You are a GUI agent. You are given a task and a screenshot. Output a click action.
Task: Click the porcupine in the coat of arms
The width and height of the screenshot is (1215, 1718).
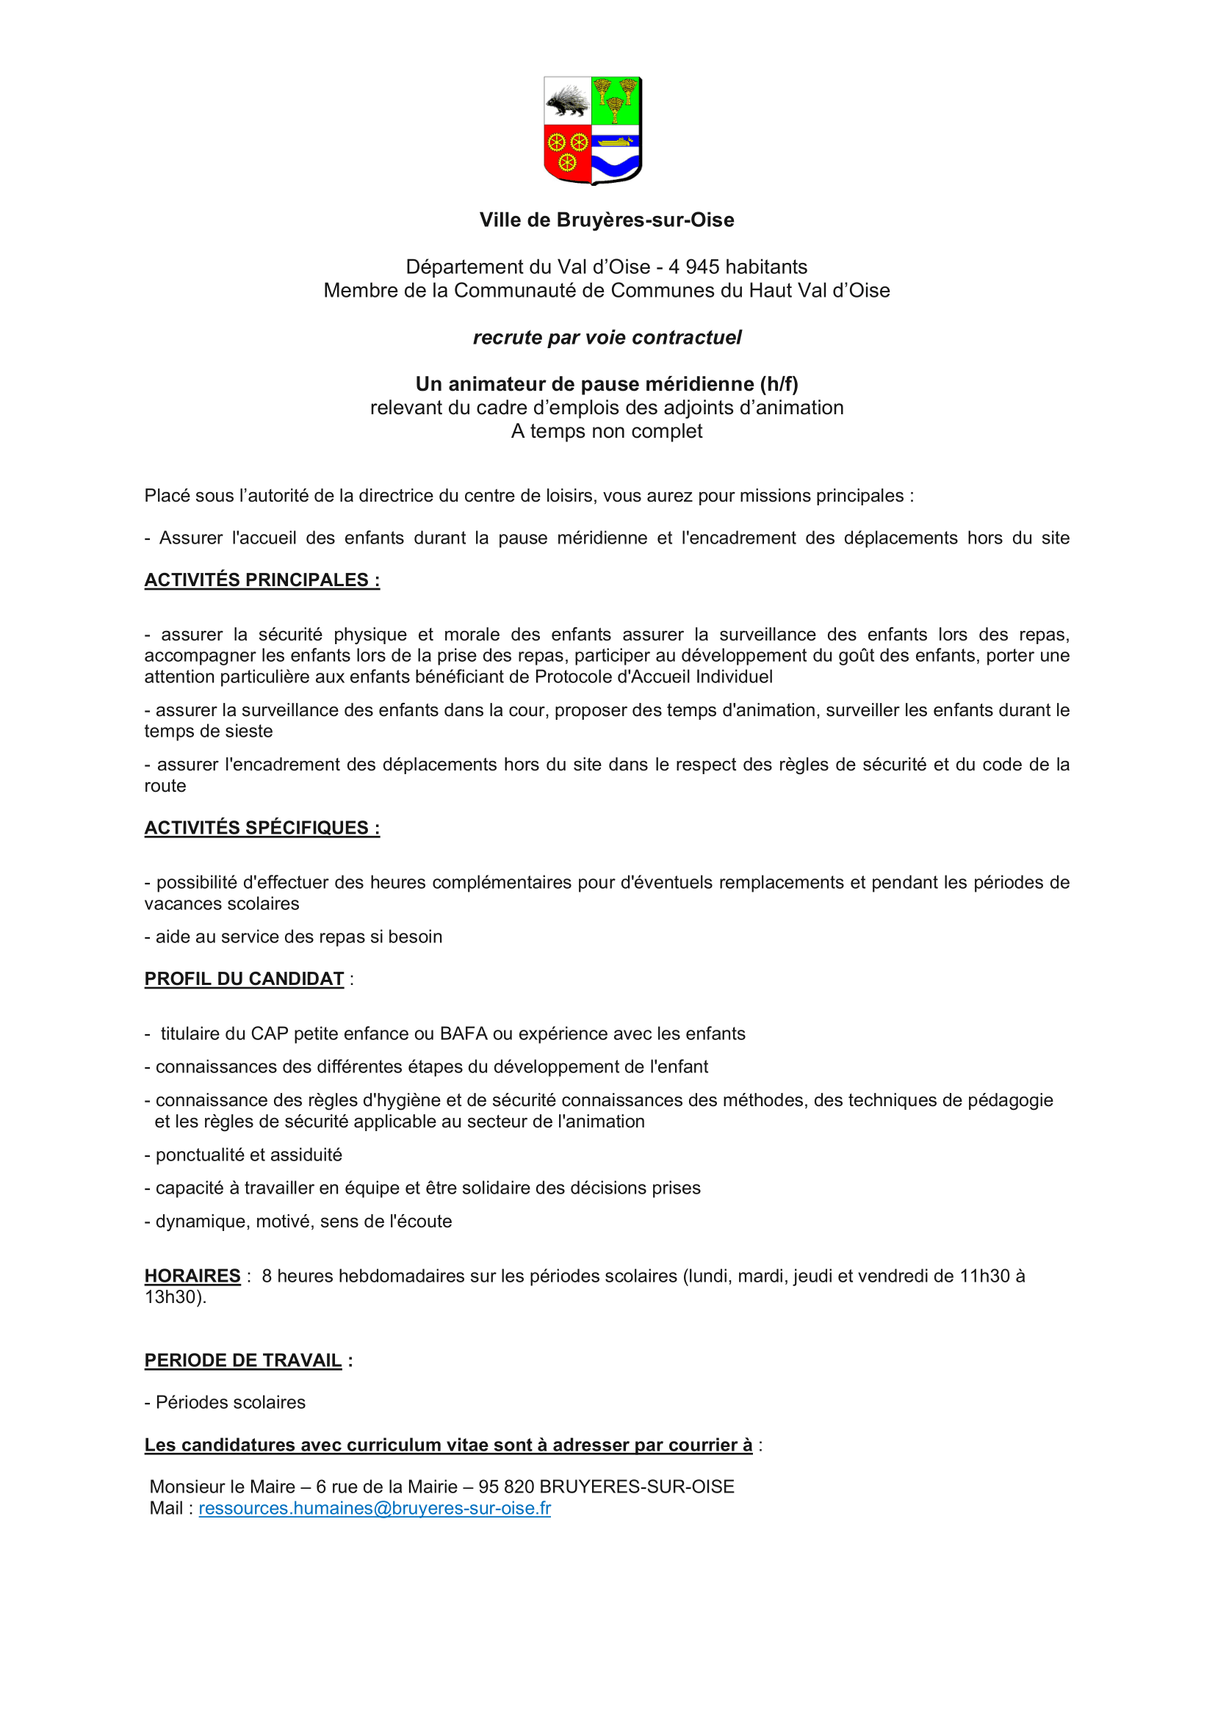click(x=566, y=102)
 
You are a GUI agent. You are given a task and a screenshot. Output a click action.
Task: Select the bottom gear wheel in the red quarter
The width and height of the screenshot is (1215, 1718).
click(x=567, y=161)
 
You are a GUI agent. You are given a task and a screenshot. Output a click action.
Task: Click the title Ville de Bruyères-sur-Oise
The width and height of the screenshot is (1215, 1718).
click(x=607, y=220)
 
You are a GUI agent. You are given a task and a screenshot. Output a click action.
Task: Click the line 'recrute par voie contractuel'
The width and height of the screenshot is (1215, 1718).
click(x=607, y=337)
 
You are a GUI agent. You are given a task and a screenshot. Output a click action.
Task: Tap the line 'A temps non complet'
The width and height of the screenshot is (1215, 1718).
click(x=607, y=431)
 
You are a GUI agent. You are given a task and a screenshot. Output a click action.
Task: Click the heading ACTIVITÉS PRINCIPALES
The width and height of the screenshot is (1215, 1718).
click(x=262, y=580)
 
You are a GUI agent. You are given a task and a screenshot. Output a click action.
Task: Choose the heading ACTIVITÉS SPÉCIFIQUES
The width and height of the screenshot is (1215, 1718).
click(x=262, y=828)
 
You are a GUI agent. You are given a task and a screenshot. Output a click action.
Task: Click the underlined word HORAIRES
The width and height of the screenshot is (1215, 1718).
click(x=192, y=1276)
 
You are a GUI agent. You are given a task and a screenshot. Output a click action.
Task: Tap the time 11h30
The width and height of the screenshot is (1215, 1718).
click(x=984, y=1276)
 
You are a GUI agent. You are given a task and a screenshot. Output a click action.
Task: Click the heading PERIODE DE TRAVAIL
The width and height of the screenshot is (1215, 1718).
click(x=243, y=1360)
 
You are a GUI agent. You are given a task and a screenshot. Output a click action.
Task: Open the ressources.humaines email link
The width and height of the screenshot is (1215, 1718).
click(x=374, y=1508)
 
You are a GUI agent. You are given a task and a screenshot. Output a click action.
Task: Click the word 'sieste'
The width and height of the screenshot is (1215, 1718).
click(x=249, y=731)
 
